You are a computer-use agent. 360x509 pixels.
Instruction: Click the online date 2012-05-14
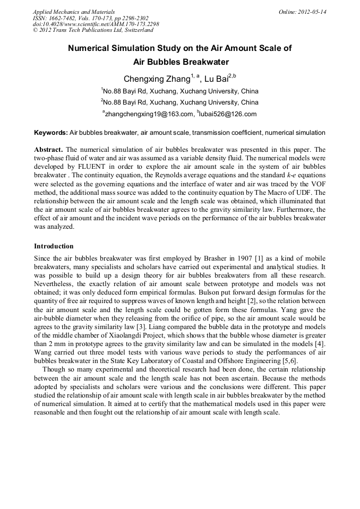pyautogui.click(x=312, y=11)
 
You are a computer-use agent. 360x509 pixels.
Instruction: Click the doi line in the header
pyautogui.click(x=96, y=24)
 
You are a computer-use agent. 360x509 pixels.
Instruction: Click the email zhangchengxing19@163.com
pyautogui.click(x=149, y=114)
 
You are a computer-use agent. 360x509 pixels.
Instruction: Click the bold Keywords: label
pyautogui.click(x=51, y=132)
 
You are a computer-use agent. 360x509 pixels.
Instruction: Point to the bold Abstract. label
pyautogui.click(x=48, y=149)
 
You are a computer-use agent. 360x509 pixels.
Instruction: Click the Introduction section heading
pyautogui.click(x=54, y=246)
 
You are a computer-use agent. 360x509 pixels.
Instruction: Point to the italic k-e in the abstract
pyautogui.click(x=290, y=175)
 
